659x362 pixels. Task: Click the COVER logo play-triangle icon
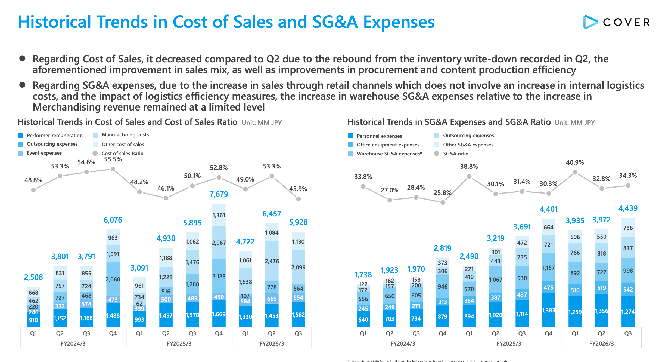coord(590,22)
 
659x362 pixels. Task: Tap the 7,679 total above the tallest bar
coord(219,194)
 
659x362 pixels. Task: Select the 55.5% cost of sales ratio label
coord(113,159)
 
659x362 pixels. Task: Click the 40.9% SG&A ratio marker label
coord(575,162)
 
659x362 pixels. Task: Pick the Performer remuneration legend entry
coord(54,136)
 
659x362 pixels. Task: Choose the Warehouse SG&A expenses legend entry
coord(389,154)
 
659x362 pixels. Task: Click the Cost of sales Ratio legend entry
coord(122,154)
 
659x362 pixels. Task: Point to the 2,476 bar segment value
coord(272,261)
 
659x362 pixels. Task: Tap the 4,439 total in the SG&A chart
coord(628,208)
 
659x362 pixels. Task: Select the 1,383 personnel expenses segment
coord(548,310)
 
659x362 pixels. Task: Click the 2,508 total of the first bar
coord(33,277)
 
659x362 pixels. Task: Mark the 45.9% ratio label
coord(298,189)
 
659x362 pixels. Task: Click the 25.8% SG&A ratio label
coord(442,193)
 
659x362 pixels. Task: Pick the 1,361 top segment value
coord(219,215)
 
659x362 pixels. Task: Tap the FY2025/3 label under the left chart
coord(179,344)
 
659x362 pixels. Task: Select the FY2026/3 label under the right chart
coord(601,344)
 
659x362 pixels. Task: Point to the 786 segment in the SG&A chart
coord(628,228)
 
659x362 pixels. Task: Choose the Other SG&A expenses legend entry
coord(468,145)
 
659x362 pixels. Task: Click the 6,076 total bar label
coord(113,220)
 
